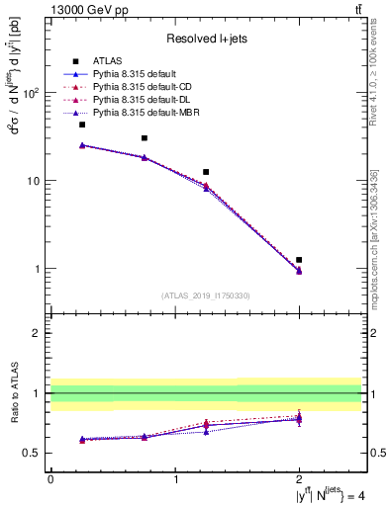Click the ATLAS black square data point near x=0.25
pos(82,125)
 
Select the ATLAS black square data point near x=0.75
pos(145,138)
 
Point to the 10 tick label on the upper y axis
pos(34,181)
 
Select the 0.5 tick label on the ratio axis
pos(33,454)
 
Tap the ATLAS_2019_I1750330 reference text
pos(206,295)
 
